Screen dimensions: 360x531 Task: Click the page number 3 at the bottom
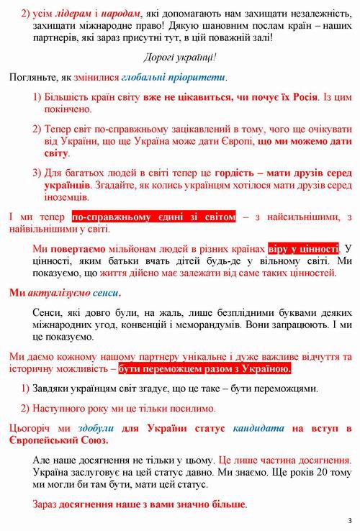pyautogui.click(x=348, y=520)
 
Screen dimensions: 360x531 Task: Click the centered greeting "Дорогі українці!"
pyautogui.click(x=179, y=57)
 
